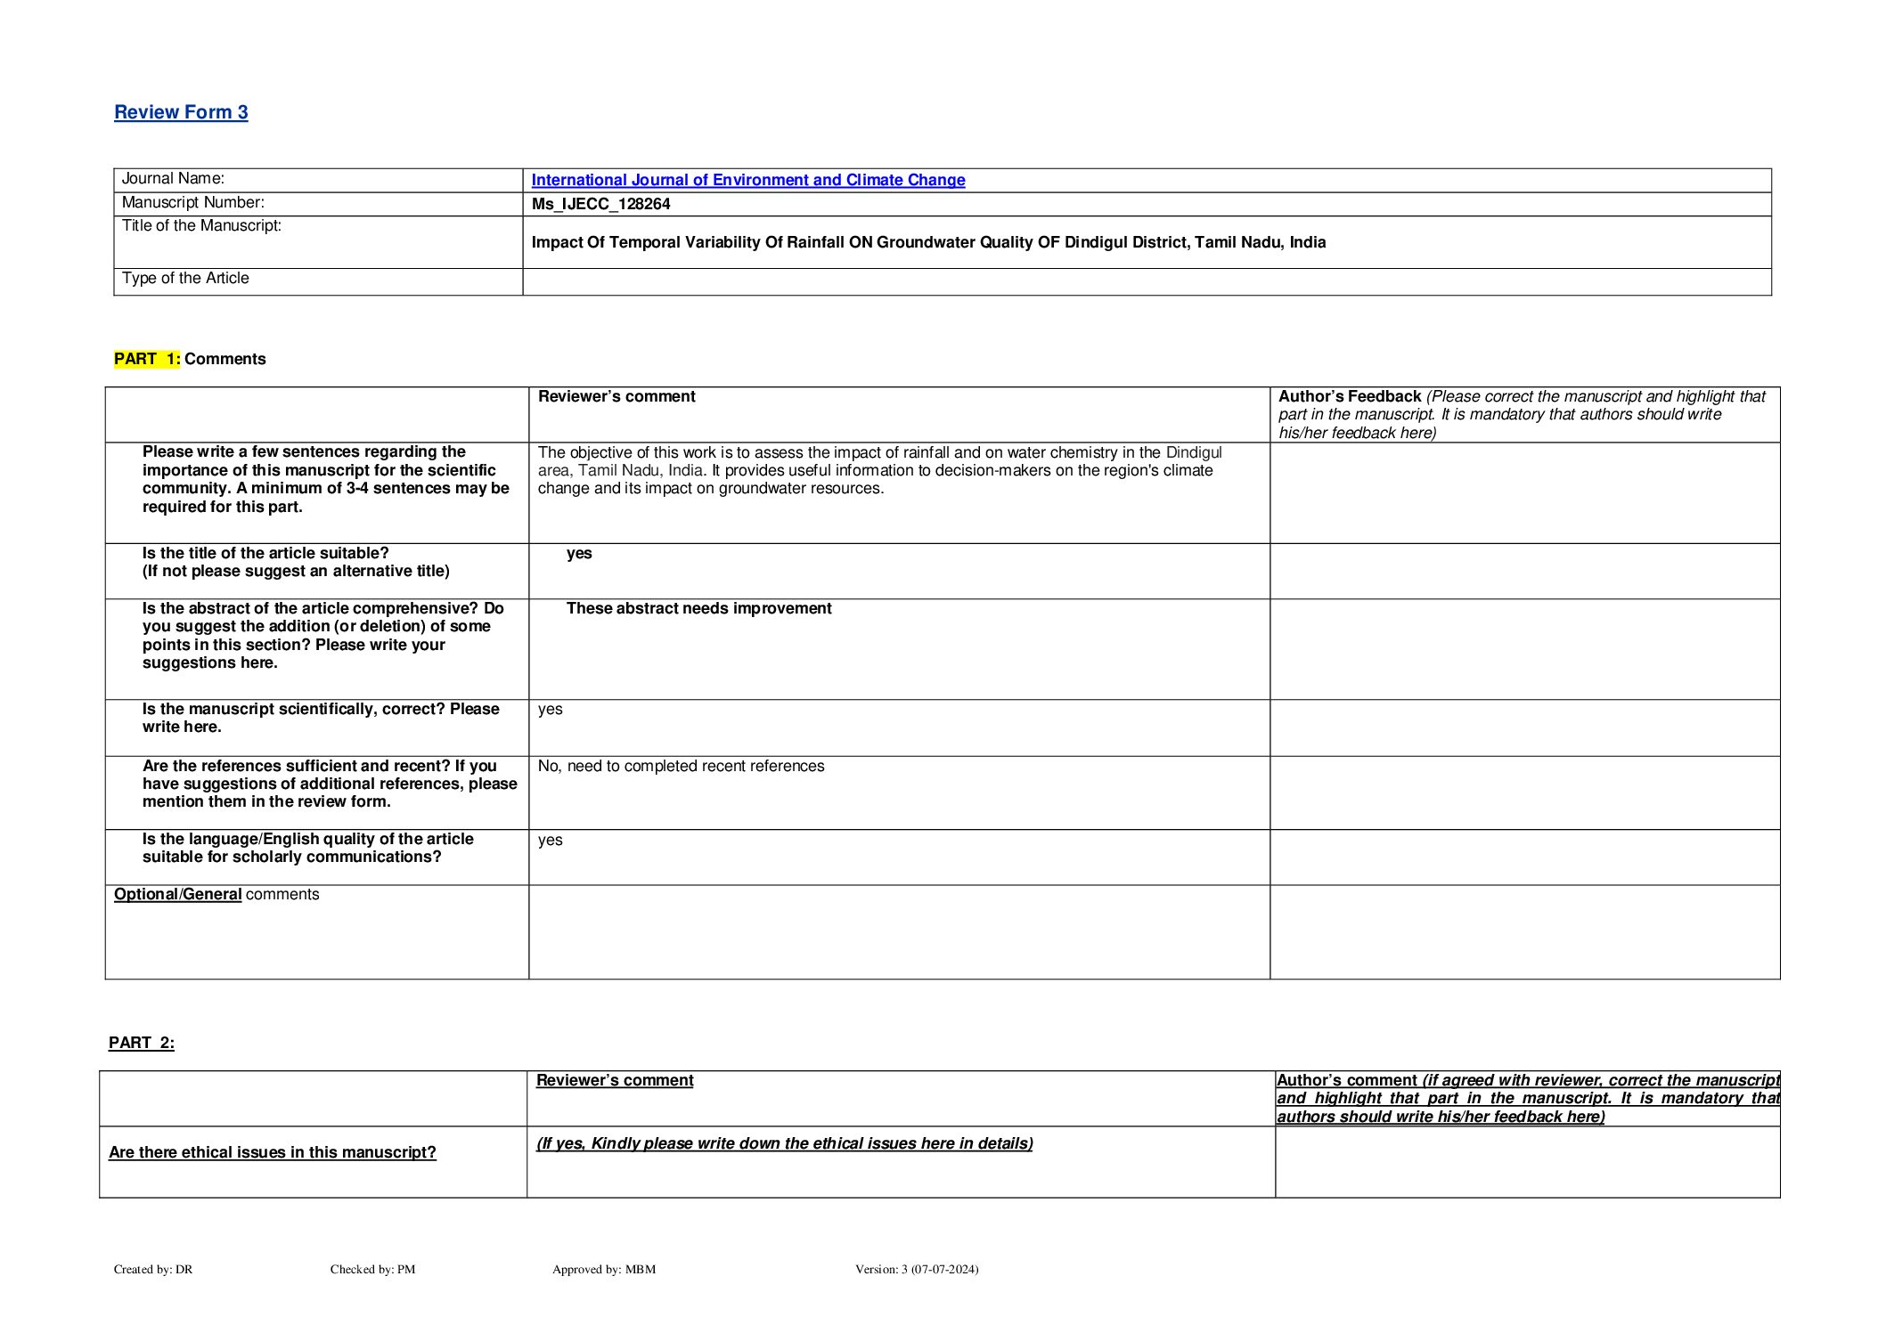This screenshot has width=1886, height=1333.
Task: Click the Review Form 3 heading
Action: [x=181, y=112]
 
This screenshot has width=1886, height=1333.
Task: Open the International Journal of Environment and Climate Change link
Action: [x=747, y=180]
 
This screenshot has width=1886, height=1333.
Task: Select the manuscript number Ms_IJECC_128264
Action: [x=600, y=204]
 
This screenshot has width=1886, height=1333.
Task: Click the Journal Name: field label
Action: [x=173, y=179]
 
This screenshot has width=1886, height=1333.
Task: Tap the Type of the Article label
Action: [x=185, y=279]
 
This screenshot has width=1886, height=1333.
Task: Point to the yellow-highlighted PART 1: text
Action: [x=147, y=359]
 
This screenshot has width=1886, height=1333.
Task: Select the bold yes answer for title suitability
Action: [x=579, y=553]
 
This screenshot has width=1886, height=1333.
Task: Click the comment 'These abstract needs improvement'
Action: [x=698, y=608]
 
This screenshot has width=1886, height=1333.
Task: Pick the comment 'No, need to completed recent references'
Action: [x=681, y=766]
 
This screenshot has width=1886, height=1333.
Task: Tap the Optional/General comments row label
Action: [x=216, y=894]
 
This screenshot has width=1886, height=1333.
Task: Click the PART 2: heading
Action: [x=142, y=1043]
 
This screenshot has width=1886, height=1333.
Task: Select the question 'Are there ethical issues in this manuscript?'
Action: [x=273, y=1152]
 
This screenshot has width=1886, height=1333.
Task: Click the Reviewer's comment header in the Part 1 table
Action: [x=616, y=396]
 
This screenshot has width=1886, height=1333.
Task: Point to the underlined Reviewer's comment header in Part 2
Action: [x=615, y=1080]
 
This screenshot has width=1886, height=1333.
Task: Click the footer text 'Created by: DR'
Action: [x=153, y=1269]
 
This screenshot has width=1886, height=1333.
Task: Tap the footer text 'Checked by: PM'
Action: [x=372, y=1269]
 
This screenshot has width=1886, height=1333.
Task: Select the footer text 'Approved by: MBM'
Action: [x=604, y=1269]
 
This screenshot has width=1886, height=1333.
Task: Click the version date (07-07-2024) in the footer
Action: [x=944, y=1269]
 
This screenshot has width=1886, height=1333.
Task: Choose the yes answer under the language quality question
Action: [x=551, y=840]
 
